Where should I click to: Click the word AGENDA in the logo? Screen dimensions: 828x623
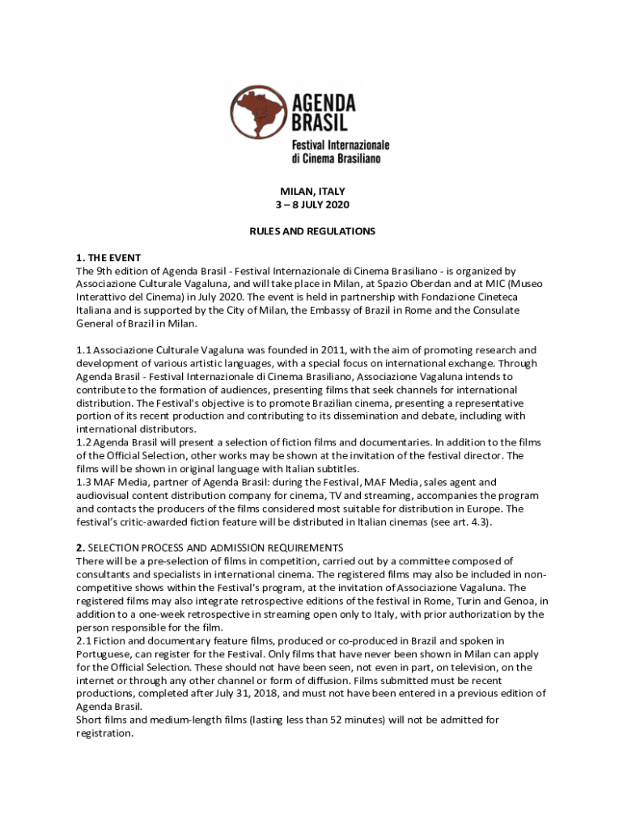(324, 103)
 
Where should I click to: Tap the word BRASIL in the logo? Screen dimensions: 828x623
(320, 123)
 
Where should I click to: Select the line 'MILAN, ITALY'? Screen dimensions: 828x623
(311, 192)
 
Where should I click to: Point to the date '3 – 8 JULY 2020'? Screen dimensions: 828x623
(311, 205)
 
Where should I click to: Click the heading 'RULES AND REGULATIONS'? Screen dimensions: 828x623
(311, 231)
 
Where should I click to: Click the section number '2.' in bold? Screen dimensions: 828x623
(80, 548)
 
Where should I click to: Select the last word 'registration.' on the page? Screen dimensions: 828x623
(104, 733)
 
